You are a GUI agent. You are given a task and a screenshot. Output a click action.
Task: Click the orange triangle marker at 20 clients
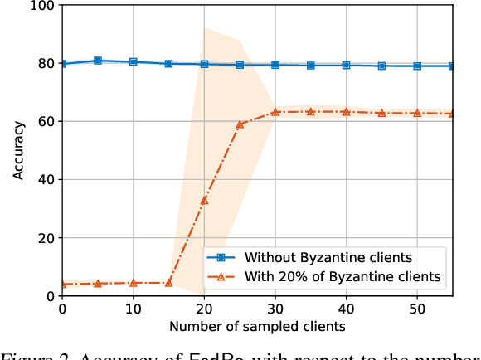204,200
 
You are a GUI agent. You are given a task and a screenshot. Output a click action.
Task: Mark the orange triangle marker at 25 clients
240,124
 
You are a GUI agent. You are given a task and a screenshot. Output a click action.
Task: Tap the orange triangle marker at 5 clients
98,283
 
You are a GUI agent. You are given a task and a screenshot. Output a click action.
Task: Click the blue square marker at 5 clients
98,61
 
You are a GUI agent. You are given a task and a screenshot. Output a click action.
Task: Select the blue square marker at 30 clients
275,64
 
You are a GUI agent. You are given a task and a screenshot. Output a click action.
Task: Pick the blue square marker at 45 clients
381,66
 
